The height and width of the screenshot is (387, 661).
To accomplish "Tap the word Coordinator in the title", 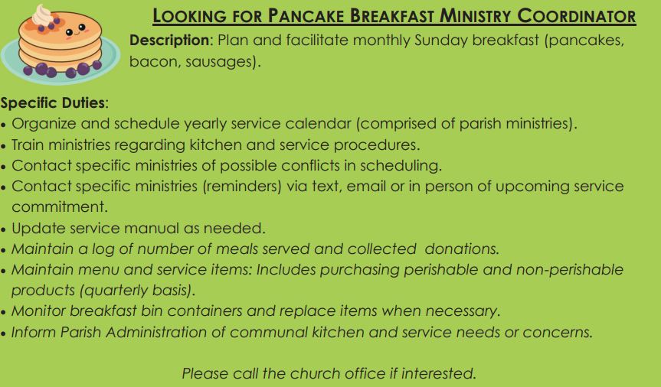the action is coord(576,16).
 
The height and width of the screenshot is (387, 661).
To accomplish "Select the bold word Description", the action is coord(169,40).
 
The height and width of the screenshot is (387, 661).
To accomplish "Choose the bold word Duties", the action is coord(83,102).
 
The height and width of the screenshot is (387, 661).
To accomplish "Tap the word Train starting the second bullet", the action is coord(27,145).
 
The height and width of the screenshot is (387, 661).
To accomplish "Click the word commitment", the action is coord(60,207).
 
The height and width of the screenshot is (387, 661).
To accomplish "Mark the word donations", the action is coord(462,249).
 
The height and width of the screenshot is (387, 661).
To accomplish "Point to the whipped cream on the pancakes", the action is coord(43,15).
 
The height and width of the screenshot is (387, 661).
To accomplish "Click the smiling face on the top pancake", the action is coord(76,31).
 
